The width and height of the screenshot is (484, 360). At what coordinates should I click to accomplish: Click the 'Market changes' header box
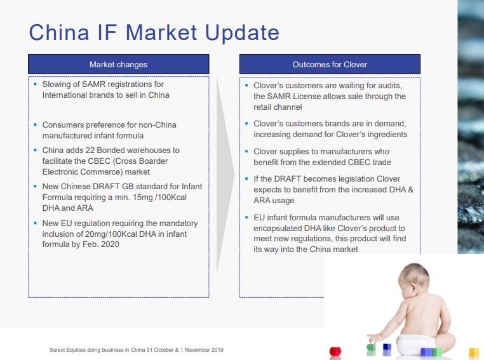click(x=119, y=64)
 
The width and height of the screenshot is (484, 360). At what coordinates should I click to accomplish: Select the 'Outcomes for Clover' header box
click(x=330, y=64)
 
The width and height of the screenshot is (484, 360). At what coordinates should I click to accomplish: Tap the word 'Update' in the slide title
click(x=242, y=33)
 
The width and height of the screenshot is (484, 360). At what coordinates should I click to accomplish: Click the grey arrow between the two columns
click(x=225, y=175)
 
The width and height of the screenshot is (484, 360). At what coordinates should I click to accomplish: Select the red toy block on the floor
click(x=335, y=351)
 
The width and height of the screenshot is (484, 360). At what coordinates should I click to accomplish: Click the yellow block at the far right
click(x=474, y=352)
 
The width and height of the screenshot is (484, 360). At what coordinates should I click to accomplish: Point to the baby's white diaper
click(x=415, y=344)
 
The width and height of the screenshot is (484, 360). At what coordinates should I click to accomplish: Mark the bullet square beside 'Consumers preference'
click(x=35, y=124)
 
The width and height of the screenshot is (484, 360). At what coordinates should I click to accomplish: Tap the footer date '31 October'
click(x=160, y=350)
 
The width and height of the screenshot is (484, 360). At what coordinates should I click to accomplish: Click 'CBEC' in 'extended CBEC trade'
click(x=359, y=163)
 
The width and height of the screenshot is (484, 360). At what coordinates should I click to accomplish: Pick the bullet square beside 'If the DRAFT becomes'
click(x=246, y=178)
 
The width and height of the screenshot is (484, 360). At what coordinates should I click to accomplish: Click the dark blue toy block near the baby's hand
click(x=387, y=347)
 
